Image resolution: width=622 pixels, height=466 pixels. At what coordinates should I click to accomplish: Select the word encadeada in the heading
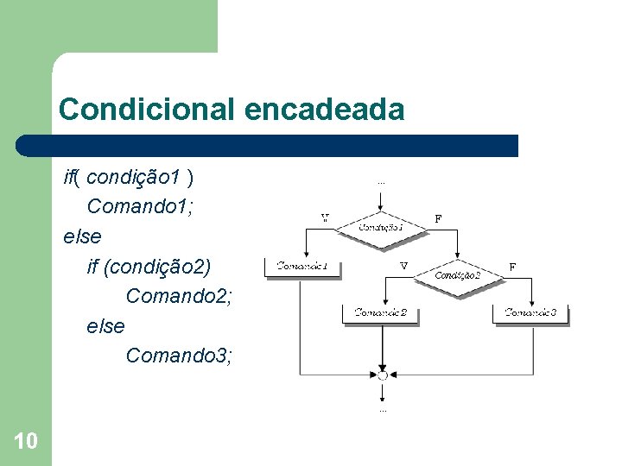point(325,110)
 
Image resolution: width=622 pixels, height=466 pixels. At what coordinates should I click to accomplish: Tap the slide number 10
point(26,442)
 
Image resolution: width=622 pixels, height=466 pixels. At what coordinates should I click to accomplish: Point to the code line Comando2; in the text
point(179,296)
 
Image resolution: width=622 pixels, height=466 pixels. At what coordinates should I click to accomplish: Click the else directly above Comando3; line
point(105,325)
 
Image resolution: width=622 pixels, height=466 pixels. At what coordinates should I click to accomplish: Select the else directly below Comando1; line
point(82,236)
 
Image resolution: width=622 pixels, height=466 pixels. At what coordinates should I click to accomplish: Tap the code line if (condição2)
point(149,266)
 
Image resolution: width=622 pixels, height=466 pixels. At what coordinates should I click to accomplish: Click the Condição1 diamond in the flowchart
point(381,227)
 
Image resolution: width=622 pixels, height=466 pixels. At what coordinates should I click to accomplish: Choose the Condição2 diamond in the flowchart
point(458,274)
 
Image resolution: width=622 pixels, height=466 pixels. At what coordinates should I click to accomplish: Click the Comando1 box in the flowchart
point(308,268)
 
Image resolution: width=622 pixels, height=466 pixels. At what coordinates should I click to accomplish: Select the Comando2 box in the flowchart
point(381,313)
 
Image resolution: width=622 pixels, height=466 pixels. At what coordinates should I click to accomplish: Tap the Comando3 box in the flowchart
point(530,313)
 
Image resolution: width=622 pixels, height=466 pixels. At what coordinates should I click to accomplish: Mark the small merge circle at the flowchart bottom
point(381,375)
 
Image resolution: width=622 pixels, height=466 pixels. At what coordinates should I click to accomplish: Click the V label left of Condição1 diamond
point(325,218)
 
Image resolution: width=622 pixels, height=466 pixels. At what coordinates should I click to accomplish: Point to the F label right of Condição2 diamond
point(512,268)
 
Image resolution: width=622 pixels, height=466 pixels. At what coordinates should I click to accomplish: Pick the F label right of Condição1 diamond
point(438,219)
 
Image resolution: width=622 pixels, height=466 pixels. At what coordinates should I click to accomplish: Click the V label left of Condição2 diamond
point(403,267)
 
